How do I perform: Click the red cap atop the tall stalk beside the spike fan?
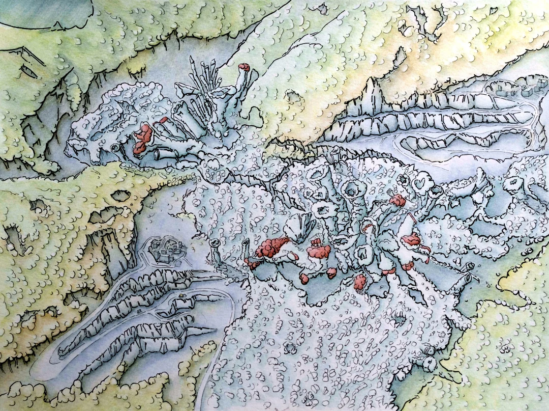pyautogui.click(x=244, y=67)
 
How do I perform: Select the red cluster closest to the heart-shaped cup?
pyautogui.click(x=398, y=200)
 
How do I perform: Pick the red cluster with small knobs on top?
pyautogui.click(x=319, y=249)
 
